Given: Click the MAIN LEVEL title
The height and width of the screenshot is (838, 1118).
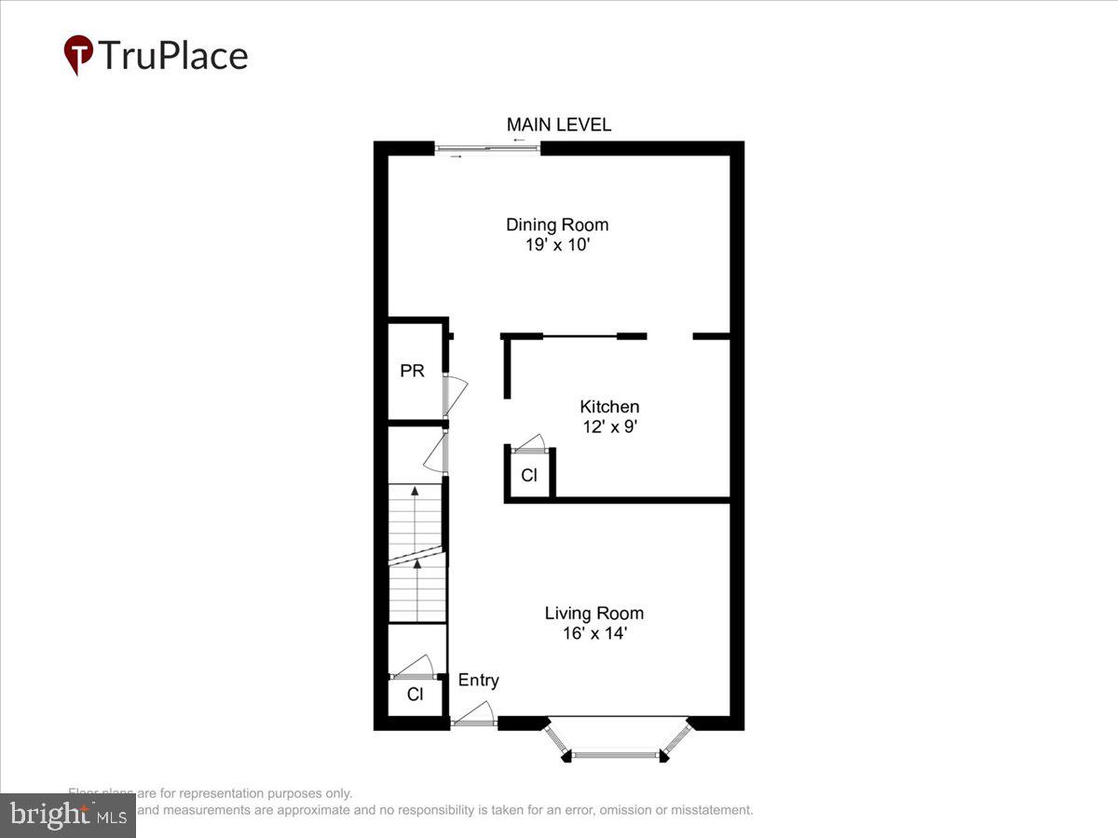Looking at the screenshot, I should click(559, 125).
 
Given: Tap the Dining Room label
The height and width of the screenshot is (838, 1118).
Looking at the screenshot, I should click(557, 224).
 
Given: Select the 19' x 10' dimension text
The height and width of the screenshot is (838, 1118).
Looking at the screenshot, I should click(557, 246).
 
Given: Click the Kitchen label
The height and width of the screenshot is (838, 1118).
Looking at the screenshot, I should click(609, 407).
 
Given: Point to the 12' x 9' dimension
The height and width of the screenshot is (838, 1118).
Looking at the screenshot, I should click(609, 427).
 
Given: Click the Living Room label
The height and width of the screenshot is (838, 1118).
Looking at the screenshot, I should click(593, 614).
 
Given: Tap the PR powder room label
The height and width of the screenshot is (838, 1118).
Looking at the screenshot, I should click(412, 371).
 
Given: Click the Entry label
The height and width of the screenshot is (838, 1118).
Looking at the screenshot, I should click(478, 681).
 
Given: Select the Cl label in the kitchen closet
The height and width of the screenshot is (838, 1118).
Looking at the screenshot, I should click(529, 476).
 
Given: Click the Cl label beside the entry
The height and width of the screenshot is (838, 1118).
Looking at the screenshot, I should click(416, 695).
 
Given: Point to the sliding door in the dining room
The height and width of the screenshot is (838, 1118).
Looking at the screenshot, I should click(487, 148).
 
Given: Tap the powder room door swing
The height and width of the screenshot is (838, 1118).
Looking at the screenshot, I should click(456, 390).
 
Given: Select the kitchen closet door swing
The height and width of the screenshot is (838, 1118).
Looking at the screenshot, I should click(531, 442).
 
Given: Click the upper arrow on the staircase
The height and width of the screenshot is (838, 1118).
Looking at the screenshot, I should click(415, 493).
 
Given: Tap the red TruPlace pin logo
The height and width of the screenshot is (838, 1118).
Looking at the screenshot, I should click(78, 55).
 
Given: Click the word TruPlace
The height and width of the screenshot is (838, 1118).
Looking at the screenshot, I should click(173, 56).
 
